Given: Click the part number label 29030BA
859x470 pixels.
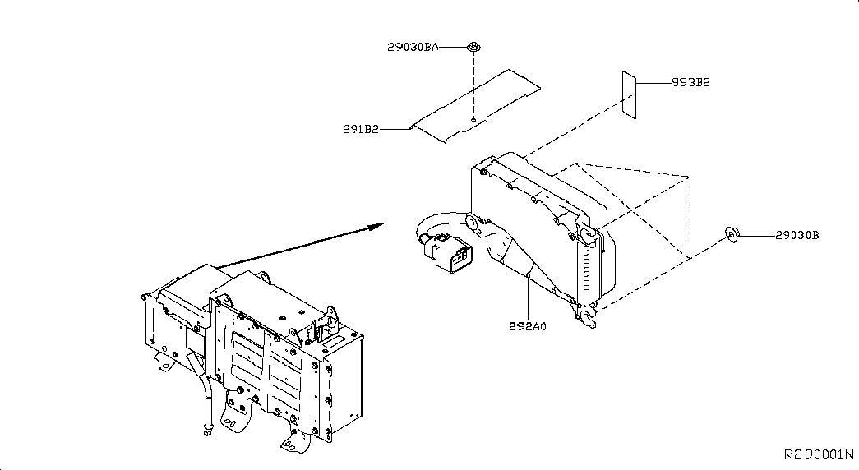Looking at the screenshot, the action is pos(413,47).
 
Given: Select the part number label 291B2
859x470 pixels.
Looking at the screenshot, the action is pos(361,129).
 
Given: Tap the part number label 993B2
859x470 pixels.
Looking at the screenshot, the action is pos(691,82).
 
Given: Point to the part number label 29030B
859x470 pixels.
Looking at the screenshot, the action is pos(797,236).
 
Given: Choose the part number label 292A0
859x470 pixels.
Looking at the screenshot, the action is pos(528,326).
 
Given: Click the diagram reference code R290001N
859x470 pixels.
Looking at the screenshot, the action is pos(819,454).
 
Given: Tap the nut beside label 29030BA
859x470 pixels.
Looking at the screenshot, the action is pos(473,47).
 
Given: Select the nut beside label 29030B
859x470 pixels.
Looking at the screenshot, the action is pos(732,234).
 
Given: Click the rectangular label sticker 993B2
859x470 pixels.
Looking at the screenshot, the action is pos(629,94).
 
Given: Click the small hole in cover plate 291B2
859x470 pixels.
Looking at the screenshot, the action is pos(473,119).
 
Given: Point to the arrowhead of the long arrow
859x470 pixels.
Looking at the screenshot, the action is pos(378,225).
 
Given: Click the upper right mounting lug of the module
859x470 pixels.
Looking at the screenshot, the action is pos(586,235).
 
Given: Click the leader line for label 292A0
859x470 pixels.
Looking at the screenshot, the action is pos(528,297).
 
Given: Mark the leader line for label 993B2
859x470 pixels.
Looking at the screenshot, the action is pos(654,83).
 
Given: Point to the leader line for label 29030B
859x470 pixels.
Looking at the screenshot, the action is pos(756,236).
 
